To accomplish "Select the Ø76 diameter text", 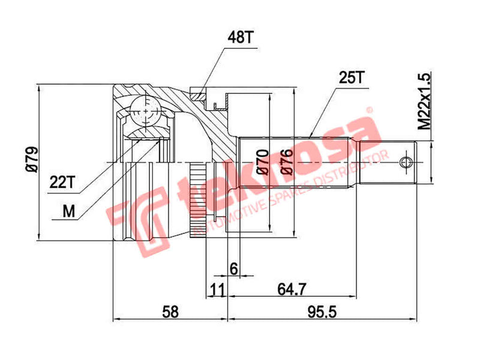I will (287, 161).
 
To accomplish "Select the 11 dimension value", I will (217, 289).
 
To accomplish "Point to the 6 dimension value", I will (233, 268).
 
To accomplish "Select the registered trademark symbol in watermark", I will (370, 110).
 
